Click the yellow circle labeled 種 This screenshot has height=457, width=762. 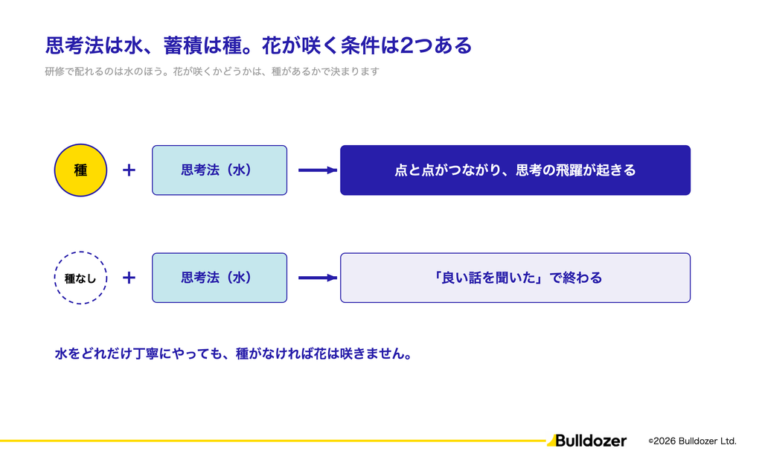(80, 170)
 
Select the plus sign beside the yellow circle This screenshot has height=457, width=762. (129, 170)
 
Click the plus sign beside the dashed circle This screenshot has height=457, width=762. (129, 278)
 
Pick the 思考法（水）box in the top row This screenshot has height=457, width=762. (220, 170)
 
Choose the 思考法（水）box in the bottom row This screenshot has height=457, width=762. (220, 278)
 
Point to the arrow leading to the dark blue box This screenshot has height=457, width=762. (318, 170)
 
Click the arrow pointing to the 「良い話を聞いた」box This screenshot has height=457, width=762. (318, 278)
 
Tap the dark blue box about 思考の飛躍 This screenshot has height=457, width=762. (515, 170)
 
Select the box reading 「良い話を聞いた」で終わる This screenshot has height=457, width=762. (515, 278)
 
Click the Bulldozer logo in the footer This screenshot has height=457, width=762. (586, 441)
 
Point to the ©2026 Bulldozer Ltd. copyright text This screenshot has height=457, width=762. (693, 441)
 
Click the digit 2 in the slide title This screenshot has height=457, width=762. (406, 45)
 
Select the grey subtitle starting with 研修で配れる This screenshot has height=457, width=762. (212, 71)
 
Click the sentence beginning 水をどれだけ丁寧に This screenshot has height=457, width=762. (233, 354)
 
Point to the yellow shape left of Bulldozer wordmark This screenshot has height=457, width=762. (551, 441)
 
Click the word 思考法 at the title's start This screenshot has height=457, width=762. (74, 45)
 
